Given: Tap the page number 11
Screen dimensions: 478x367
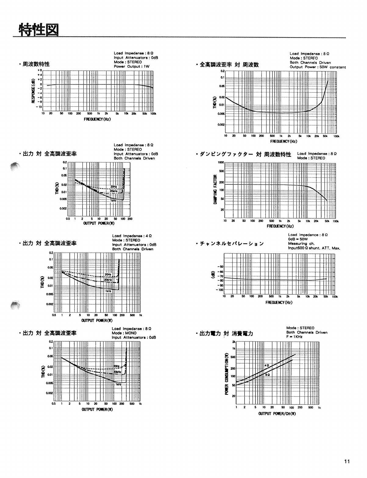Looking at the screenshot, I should click(347, 462).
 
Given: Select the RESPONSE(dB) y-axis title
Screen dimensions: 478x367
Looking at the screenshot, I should click(33, 91).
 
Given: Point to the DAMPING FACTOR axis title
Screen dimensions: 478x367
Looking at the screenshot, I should click(215, 189).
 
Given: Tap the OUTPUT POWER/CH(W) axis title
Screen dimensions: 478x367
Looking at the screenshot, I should click(277, 413).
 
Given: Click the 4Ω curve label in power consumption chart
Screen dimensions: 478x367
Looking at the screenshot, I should click(267, 365).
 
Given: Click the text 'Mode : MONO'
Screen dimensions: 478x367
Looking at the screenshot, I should click(124, 333).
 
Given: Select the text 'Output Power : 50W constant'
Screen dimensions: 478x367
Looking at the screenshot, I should click(318, 67).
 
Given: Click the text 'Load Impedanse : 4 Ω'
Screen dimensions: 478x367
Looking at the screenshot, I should click(132, 236).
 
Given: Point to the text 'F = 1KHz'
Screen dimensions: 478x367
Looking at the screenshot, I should click(294, 337).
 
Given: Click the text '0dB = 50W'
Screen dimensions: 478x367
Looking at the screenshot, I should click(298, 239).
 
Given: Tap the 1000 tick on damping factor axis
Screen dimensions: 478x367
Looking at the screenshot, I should click(221, 162).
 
